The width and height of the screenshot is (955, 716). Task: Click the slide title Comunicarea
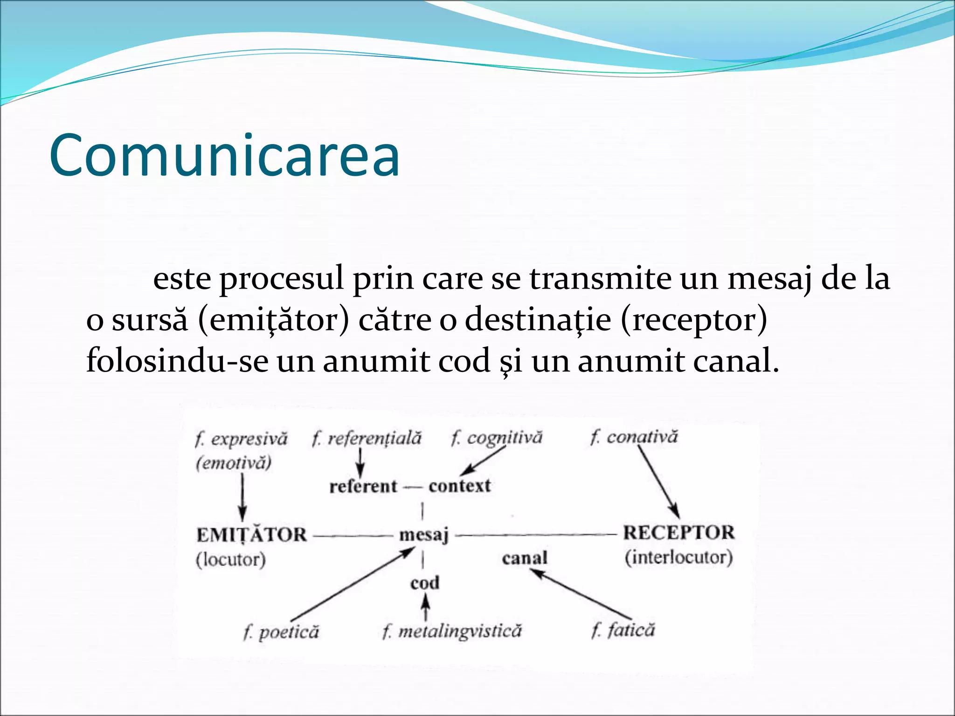tap(224, 156)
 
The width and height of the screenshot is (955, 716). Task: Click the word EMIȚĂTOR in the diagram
tap(251, 535)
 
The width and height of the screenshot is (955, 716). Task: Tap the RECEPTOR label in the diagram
tap(678, 532)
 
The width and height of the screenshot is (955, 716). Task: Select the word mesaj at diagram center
tap(423, 535)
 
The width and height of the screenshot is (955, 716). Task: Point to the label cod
tap(425, 583)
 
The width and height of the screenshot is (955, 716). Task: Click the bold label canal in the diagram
tap(525, 558)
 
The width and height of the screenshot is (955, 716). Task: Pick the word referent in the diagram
tap(363, 486)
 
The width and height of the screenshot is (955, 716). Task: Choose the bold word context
tap(460, 486)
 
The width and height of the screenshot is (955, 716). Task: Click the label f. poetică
tap(281, 632)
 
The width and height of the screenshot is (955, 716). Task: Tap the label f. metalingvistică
tap(451, 631)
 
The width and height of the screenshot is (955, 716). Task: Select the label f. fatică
tap(623, 630)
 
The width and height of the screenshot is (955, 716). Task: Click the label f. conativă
tap(634, 437)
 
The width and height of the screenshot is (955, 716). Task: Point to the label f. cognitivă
tap(497, 438)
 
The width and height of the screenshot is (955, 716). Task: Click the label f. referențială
tap(367, 438)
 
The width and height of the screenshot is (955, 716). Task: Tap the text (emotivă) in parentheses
tap(234, 463)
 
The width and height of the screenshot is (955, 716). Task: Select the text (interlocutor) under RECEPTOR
tap(679, 557)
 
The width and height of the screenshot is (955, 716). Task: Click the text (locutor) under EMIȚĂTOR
tap(231, 559)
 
